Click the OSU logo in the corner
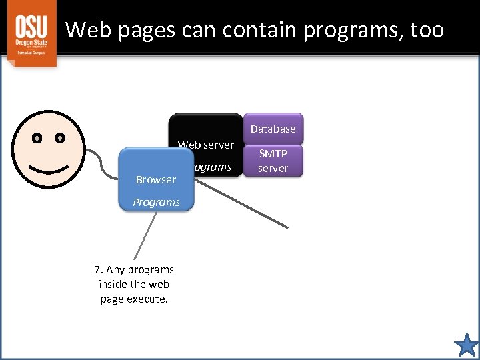point(32,33)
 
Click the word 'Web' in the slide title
point(85,29)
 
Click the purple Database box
point(273,129)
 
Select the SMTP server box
point(273,161)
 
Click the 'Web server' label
point(206,145)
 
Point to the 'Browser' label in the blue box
point(155,179)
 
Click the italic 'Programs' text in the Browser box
point(156,202)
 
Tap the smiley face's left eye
point(37,139)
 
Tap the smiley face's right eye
point(60,139)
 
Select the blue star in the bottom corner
point(466,345)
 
